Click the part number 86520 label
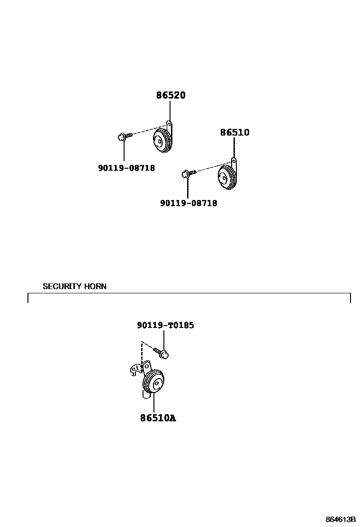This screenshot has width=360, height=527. (x=171, y=95)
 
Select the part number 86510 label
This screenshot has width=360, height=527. (x=234, y=132)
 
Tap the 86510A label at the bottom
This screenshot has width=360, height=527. (x=158, y=418)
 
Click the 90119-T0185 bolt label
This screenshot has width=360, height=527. (x=165, y=325)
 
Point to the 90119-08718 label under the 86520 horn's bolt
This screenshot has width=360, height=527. (x=126, y=168)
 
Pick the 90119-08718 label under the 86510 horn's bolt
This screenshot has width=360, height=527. (x=189, y=203)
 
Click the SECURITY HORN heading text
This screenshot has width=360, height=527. (x=74, y=286)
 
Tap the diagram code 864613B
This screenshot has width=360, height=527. (x=341, y=519)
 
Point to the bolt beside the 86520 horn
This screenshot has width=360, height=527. (x=122, y=136)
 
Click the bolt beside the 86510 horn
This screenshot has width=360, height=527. (x=187, y=174)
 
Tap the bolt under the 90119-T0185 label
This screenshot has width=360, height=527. (x=162, y=353)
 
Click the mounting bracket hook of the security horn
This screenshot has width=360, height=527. (x=135, y=371)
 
